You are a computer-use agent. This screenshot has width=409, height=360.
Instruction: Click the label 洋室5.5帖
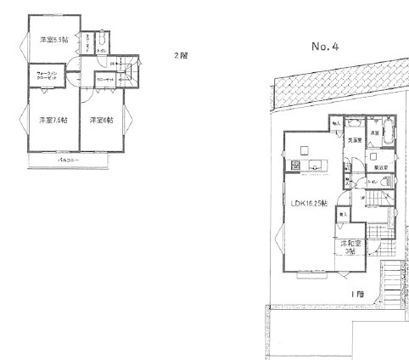[x=56, y=39]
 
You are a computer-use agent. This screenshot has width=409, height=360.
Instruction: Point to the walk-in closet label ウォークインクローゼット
[x=46, y=78]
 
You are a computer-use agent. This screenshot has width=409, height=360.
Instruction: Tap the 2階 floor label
[x=181, y=57]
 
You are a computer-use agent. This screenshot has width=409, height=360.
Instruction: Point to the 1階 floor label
[x=360, y=293]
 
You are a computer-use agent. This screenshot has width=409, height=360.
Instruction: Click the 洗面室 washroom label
[x=354, y=139]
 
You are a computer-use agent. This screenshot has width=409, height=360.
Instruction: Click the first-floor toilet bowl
[x=349, y=181]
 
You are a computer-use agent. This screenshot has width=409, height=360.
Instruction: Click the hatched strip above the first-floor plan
[x=331, y=87]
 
